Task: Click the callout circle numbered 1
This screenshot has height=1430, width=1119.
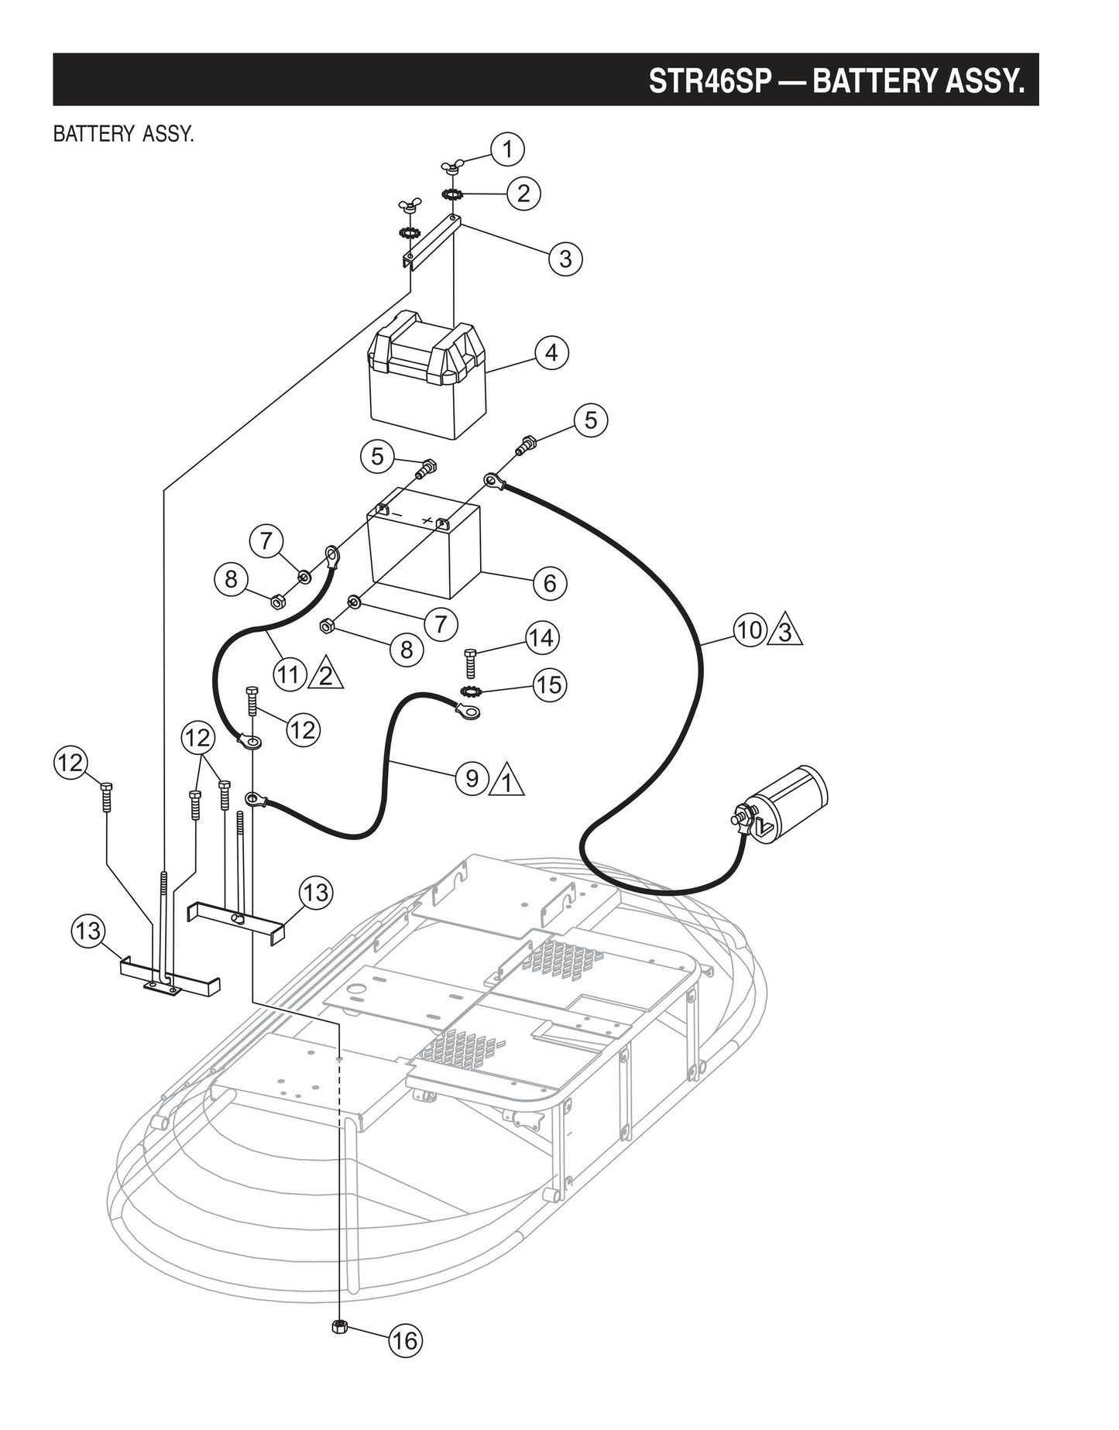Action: coord(507,149)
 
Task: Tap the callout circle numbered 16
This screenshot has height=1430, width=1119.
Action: coord(405,1340)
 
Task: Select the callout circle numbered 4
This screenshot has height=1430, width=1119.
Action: coord(551,353)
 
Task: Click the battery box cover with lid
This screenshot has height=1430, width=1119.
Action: coord(428,375)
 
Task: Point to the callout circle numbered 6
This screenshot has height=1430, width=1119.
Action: coord(549,582)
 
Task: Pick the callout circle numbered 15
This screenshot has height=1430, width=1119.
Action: coord(549,685)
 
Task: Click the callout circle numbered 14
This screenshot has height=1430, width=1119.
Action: coord(541,638)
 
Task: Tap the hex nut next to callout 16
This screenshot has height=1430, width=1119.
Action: coord(338,1327)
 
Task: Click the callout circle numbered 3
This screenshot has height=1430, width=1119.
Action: coord(565,259)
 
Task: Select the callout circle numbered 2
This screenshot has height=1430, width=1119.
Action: coord(523,193)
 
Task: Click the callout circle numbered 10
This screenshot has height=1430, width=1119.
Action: coord(749,630)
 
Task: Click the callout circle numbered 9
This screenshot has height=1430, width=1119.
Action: coord(472,777)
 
